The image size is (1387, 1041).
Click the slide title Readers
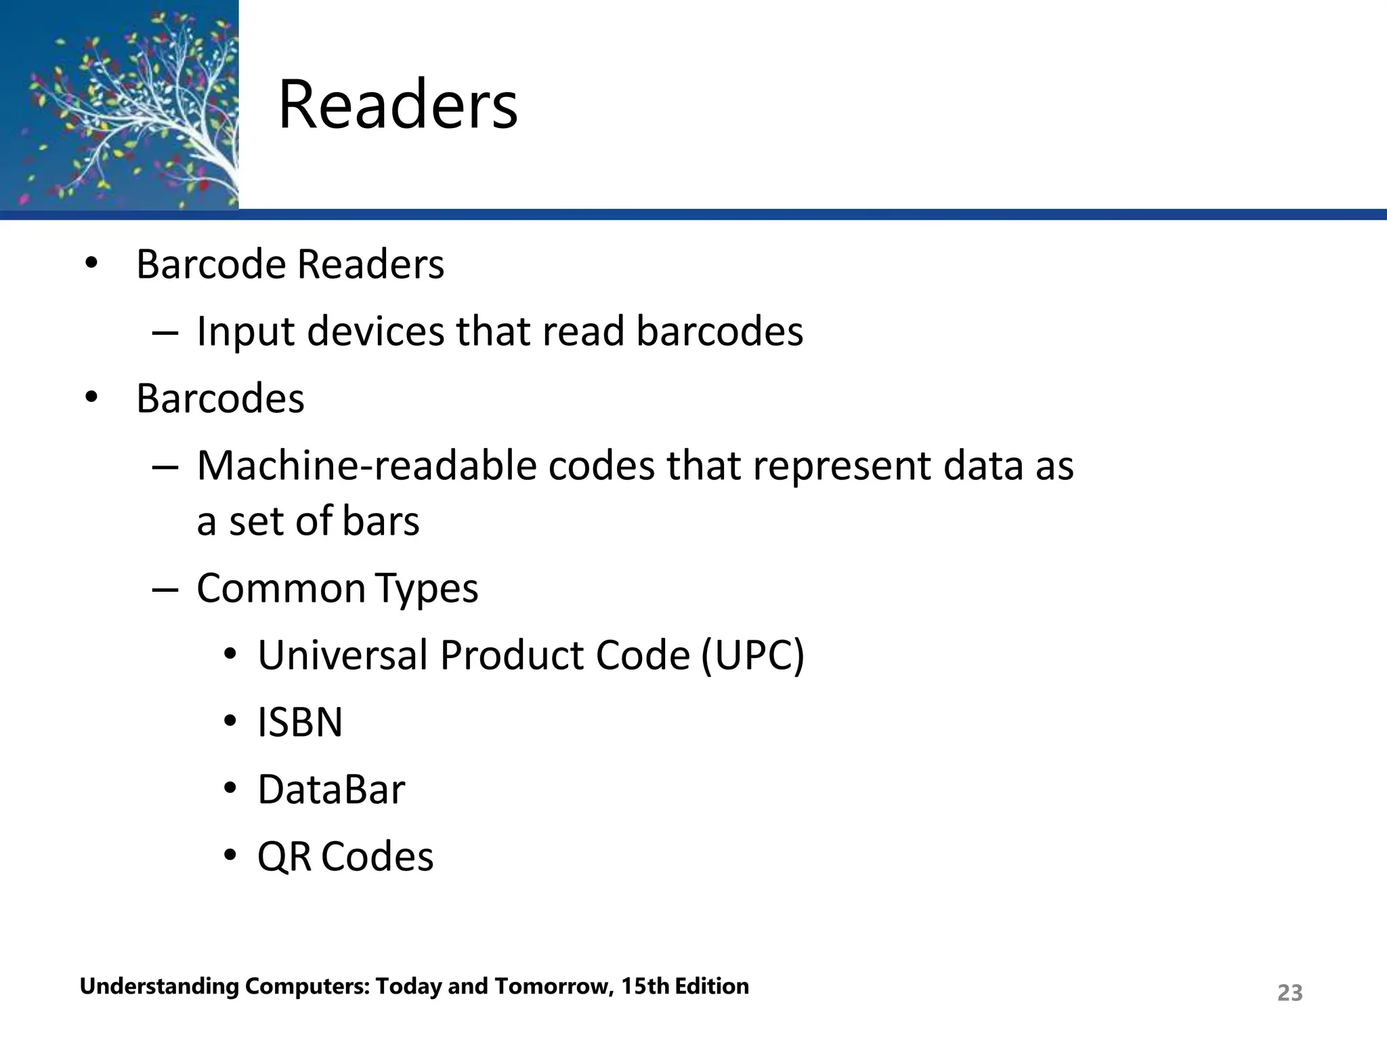398,105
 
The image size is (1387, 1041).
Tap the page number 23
1289,993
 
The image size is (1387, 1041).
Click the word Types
427,589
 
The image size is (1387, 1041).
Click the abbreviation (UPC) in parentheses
752,655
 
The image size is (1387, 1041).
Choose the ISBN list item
300,722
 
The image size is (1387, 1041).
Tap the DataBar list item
331,790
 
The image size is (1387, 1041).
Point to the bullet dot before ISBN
230,721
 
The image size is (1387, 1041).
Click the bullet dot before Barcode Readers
91,263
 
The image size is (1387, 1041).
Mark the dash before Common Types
165,589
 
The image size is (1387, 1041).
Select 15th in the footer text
643,986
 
